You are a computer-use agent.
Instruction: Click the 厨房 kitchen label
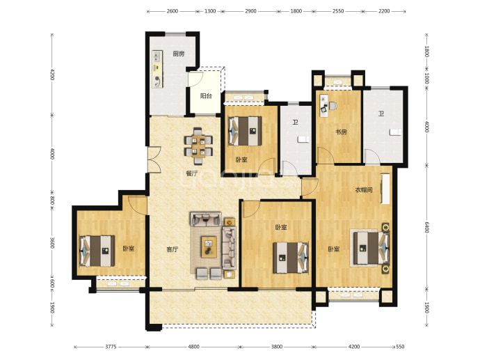[x=179, y=54]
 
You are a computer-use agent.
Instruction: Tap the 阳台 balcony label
[x=206, y=96]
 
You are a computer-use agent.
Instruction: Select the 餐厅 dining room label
[x=192, y=173]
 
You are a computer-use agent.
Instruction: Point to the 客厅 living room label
[x=173, y=249]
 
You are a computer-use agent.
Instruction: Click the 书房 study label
[x=341, y=132]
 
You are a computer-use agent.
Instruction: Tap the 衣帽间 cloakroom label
[x=364, y=190]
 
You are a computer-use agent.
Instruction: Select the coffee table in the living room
[x=209, y=247]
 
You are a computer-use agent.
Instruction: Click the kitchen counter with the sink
[x=157, y=69]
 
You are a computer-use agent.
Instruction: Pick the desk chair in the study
[x=333, y=106]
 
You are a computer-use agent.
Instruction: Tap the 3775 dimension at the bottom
[x=111, y=347]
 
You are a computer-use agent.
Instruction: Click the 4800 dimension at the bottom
[x=193, y=347]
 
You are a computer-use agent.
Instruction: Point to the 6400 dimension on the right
[x=427, y=227]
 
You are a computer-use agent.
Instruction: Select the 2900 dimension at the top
[x=250, y=11]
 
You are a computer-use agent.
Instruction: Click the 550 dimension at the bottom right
[x=400, y=347]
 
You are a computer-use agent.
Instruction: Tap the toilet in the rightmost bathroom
[x=395, y=132]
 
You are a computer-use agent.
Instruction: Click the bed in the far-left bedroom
[x=97, y=251]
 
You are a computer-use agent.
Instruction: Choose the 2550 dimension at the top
[x=338, y=11]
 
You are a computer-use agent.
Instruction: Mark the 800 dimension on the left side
[x=52, y=201]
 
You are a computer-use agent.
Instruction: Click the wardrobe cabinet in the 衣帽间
[x=385, y=189]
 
